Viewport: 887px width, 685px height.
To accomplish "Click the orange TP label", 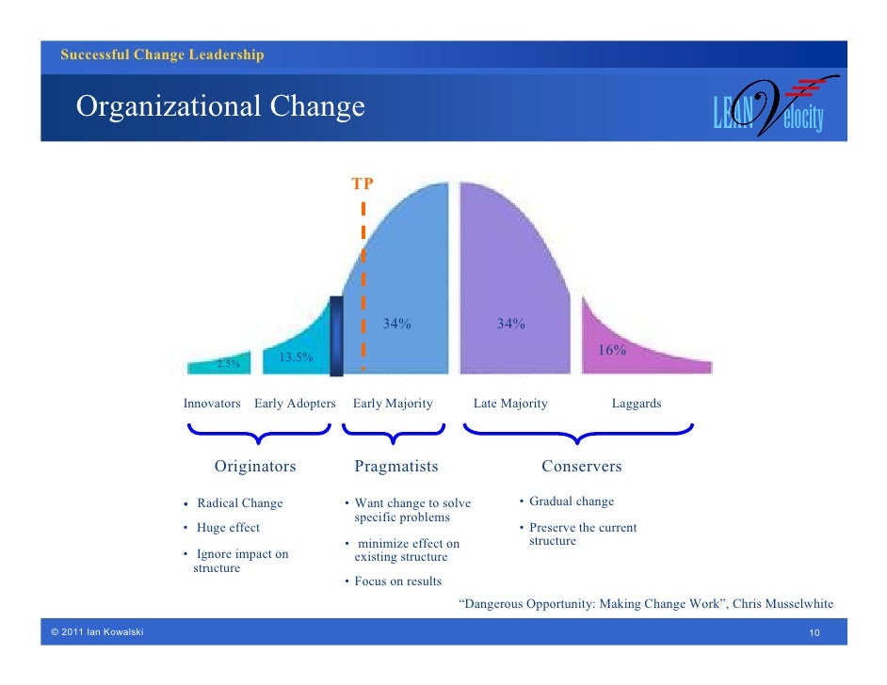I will click(363, 183).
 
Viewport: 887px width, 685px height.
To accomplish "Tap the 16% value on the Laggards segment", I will click(613, 350).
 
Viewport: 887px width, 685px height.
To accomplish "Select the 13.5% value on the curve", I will click(296, 358).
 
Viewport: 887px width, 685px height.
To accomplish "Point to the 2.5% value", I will click(228, 363).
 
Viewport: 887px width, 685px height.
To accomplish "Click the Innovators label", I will click(212, 404).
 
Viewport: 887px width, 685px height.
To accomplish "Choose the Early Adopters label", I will click(295, 404).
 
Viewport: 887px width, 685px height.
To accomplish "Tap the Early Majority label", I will click(393, 404).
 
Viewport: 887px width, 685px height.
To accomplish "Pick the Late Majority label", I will click(510, 404).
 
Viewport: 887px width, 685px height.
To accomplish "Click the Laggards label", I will click(637, 404).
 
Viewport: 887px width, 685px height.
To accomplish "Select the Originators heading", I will click(255, 467).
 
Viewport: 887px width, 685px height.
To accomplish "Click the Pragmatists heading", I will click(396, 467).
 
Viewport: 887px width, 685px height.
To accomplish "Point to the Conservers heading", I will click(581, 467).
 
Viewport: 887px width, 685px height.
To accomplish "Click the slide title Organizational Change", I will click(220, 107).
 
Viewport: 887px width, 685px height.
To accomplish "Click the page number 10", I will click(815, 632).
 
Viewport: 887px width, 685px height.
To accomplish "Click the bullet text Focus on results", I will click(398, 581).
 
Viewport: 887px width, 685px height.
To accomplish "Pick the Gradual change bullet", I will click(572, 502).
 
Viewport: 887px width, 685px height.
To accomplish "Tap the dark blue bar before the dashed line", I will click(336, 336).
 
